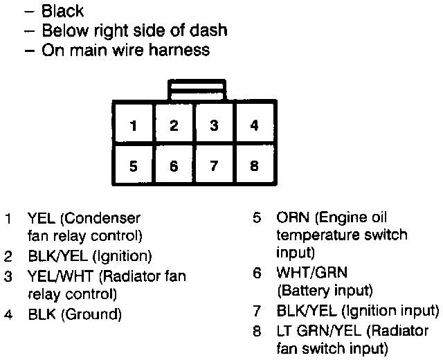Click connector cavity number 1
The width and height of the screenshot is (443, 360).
[134, 126]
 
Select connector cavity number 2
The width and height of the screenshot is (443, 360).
[174, 126]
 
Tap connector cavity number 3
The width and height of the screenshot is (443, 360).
[215, 126]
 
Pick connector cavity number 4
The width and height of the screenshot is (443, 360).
[255, 126]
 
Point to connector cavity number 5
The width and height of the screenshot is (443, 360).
[134, 166]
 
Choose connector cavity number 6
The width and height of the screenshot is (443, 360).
[174, 166]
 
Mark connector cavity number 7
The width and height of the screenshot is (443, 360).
[215, 166]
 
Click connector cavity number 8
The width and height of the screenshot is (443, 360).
[255, 166]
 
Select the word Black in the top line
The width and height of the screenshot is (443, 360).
[63, 11]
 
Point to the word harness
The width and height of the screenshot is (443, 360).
[177, 50]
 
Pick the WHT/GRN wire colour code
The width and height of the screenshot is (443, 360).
[312, 272]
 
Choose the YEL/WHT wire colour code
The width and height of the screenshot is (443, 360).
[62, 276]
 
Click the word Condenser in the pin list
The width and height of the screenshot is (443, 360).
[104, 218]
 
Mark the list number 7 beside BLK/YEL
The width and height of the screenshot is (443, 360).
[257, 309]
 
